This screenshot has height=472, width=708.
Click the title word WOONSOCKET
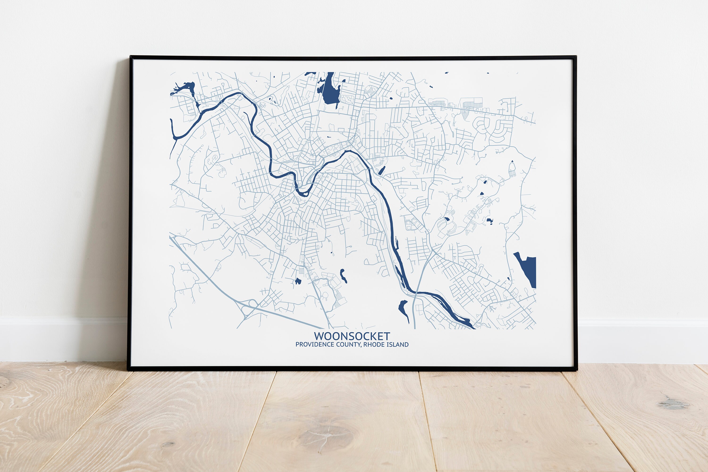(352, 336)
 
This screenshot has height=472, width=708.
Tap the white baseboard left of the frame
(60, 339)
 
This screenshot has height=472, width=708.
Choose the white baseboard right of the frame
(642, 340)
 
